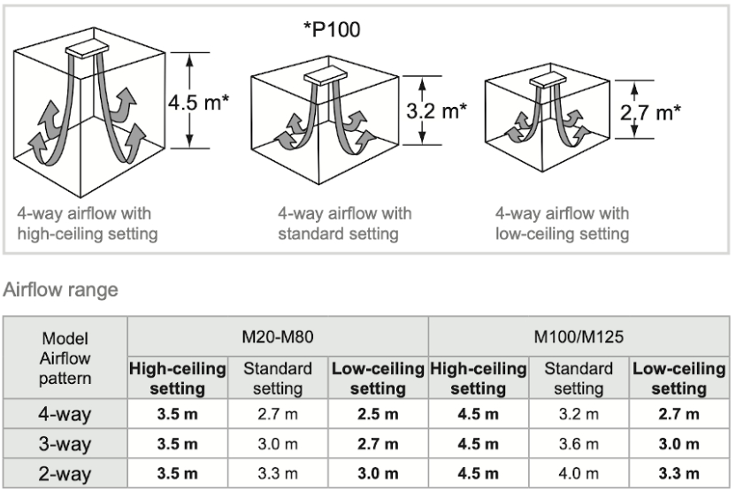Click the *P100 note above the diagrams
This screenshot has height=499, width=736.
pos(332,29)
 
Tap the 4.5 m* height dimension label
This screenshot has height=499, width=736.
pos(198,102)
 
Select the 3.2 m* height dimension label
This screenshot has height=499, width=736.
pos(436,111)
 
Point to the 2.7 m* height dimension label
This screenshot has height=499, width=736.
pos(650,112)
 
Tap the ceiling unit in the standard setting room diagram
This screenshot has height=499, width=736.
pos(326,76)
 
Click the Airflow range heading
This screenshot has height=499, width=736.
pos(60,289)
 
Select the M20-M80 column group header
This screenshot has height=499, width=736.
pos(278,337)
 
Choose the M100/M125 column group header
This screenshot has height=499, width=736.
pos(579,337)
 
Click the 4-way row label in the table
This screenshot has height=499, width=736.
pos(65,414)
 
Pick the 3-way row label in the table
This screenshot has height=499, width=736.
pos(65,443)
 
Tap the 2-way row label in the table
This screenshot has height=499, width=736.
pos(65,473)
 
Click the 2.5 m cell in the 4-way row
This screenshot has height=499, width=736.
pos(378,414)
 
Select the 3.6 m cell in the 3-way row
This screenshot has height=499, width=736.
pos(579,444)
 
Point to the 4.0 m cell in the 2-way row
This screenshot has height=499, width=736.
pos(579,473)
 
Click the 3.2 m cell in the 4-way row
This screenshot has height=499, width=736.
pos(579,414)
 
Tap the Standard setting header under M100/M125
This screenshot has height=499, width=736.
pos(579,379)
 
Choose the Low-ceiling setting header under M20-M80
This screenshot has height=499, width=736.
pos(378,379)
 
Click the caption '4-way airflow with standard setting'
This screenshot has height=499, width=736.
pos(344,224)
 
